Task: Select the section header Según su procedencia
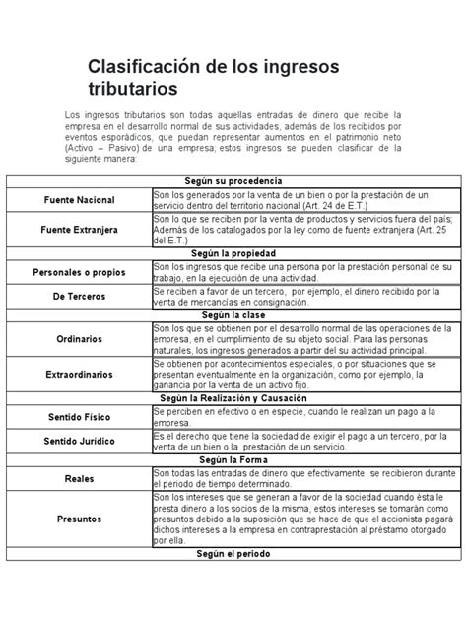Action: [x=233, y=182]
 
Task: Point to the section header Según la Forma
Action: [x=233, y=460]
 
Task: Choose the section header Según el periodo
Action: [x=233, y=556]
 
